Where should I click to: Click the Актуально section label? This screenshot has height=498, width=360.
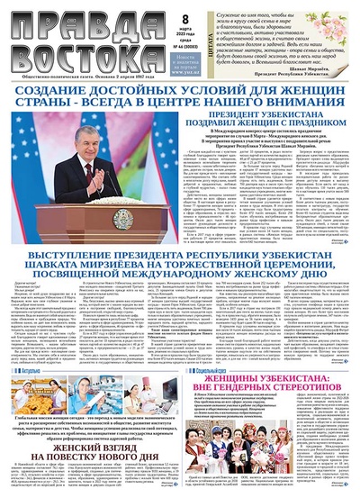(29, 369)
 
